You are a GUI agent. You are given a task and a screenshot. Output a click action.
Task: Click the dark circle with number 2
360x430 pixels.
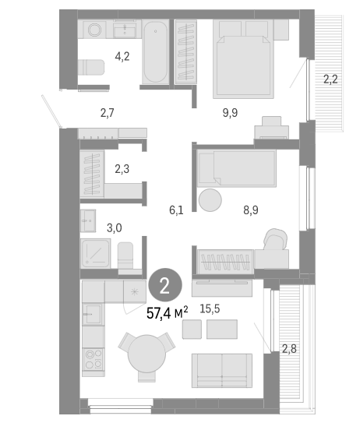click(164, 285)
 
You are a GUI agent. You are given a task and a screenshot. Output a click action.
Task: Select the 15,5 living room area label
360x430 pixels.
click(208, 309)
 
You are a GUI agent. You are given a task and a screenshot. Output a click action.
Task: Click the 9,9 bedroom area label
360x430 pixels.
click(230, 113)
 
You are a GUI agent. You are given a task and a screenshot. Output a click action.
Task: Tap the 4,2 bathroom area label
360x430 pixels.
click(122, 56)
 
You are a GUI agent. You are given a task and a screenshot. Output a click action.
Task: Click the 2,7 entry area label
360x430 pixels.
click(108, 113)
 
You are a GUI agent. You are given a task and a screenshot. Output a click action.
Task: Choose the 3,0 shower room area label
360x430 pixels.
click(115, 227)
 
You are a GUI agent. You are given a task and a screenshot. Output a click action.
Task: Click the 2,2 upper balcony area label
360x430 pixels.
click(330, 78)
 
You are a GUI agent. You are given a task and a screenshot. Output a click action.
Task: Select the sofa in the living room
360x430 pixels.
click(222, 370)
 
